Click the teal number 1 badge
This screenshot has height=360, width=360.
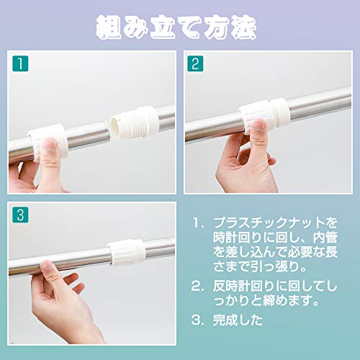(x=20, y=63)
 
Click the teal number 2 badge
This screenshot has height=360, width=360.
(x=195, y=63)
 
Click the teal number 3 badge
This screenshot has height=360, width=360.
(x=20, y=215)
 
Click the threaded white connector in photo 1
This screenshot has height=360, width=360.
(x=135, y=122)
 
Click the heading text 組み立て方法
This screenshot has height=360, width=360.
(x=176, y=27)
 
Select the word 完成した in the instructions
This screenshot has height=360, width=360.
(x=238, y=320)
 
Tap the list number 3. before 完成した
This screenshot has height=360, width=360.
(x=198, y=320)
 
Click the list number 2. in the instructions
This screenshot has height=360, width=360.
(x=198, y=287)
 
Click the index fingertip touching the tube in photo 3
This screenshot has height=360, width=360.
(x=48, y=267)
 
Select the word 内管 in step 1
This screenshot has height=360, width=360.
(x=325, y=238)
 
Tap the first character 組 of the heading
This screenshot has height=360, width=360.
(x=108, y=27)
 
